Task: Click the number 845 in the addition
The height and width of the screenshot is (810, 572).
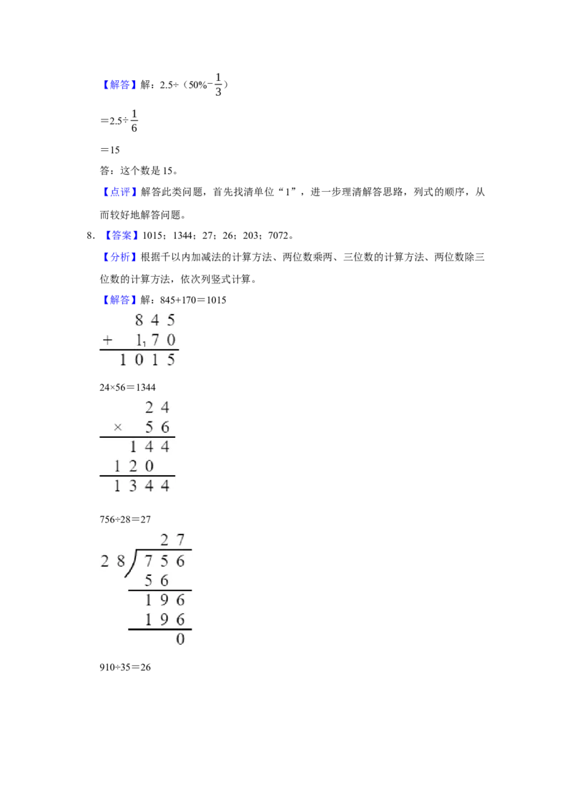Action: click(154, 321)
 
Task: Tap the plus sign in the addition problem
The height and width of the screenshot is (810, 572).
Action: click(107, 341)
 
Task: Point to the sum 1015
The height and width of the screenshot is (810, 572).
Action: click(147, 360)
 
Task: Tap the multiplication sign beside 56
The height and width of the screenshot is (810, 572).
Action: click(118, 427)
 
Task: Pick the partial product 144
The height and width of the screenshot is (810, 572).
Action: click(149, 447)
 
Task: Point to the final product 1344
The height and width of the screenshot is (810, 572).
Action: click(142, 487)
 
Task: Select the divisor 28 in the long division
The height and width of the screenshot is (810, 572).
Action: click(113, 562)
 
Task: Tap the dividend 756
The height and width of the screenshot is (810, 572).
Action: click(164, 562)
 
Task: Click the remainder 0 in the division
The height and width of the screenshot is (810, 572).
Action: click(180, 639)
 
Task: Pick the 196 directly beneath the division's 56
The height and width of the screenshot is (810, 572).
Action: click(164, 600)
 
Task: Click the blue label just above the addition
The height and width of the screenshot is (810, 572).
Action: click(119, 299)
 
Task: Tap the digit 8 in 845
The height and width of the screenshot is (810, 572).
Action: click(139, 321)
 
